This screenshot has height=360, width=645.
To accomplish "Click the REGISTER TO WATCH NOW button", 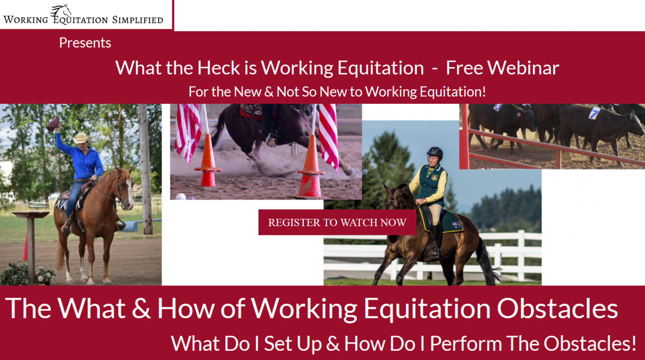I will click(337, 222).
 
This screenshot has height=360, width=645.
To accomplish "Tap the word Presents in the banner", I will click(85, 43).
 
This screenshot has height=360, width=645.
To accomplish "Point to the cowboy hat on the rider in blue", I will click(80, 137).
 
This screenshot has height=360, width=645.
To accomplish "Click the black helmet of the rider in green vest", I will click(434, 153).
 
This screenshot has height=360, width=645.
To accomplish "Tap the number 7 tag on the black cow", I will click(595, 113).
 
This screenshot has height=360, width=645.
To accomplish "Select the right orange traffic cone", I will click(310, 171).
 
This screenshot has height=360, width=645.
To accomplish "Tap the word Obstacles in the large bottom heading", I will click(555, 308).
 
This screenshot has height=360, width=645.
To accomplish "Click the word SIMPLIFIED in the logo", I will click(137, 20).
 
